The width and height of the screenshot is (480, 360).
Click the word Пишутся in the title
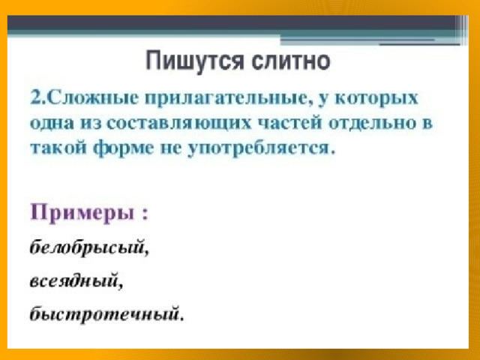(x=194, y=61)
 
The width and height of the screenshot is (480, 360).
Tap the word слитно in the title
(x=291, y=61)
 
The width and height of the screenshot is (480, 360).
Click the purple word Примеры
(x=82, y=212)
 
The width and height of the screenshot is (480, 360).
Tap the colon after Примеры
(x=145, y=214)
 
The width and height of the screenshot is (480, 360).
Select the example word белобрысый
(x=87, y=247)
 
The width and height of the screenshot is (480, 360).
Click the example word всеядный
(x=74, y=280)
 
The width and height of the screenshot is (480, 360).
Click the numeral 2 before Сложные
(x=36, y=98)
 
